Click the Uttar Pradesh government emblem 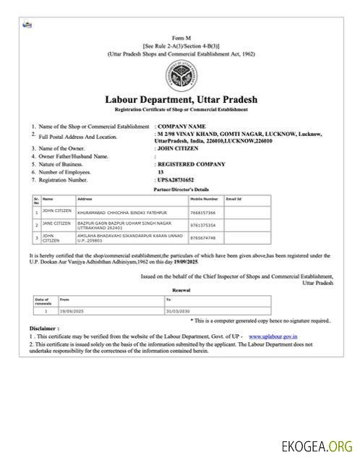(x=179, y=76)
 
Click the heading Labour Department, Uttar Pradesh (x=180, y=99)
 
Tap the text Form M (x=179, y=37)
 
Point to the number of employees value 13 (x=160, y=172)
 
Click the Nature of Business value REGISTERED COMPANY (x=188, y=164)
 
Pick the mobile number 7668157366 (x=202, y=213)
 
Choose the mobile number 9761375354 (x=202, y=225)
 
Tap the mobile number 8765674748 (x=202, y=237)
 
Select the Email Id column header (x=233, y=198)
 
